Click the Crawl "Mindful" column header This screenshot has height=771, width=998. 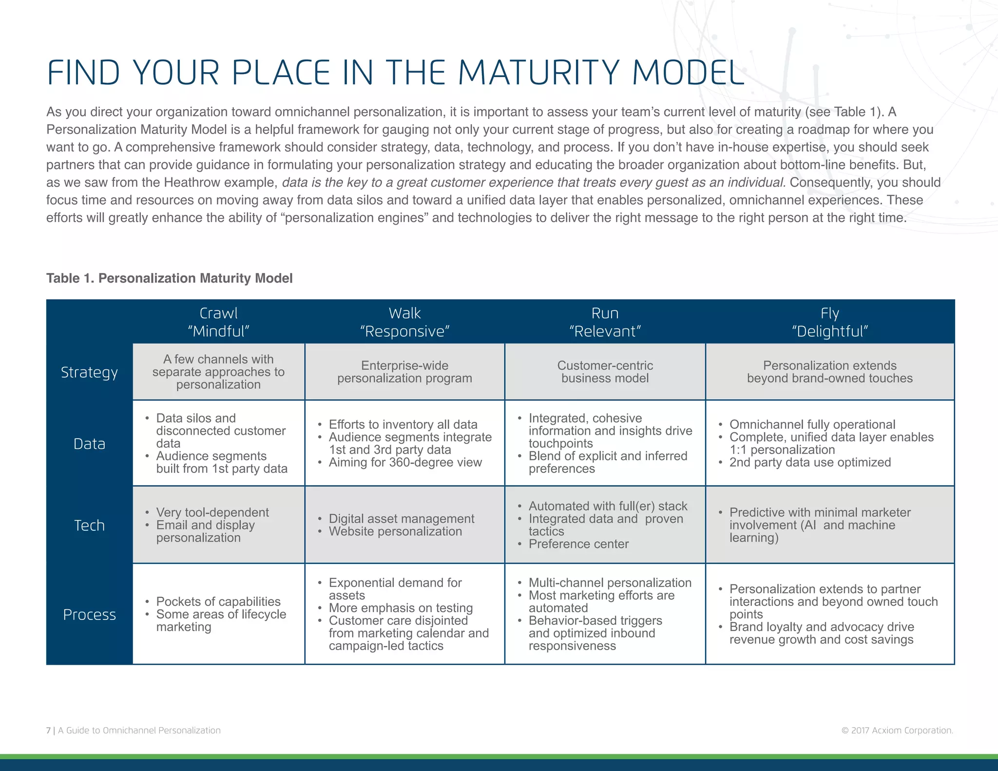point(218,322)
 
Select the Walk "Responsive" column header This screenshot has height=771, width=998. point(404,322)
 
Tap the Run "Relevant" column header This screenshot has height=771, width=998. point(605,322)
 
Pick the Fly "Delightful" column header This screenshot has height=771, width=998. point(829,322)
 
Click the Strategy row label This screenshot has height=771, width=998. point(89,372)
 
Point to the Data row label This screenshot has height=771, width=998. point(89,443)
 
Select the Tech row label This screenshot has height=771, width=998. point(89,525)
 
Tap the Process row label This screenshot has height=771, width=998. point(89,615)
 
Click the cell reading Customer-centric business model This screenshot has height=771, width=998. point(605,372)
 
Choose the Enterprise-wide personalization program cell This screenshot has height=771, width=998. point(404,372)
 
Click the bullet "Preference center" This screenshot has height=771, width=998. point(578,544)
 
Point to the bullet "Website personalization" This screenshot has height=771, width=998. point(395,531)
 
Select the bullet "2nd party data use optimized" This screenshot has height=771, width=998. point(810,462)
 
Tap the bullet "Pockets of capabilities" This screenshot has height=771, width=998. point(218,601)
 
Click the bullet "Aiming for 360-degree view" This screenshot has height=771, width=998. point(405,462)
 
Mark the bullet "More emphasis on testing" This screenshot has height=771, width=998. point(401,608)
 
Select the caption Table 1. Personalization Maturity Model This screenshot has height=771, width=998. point(169,278)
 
